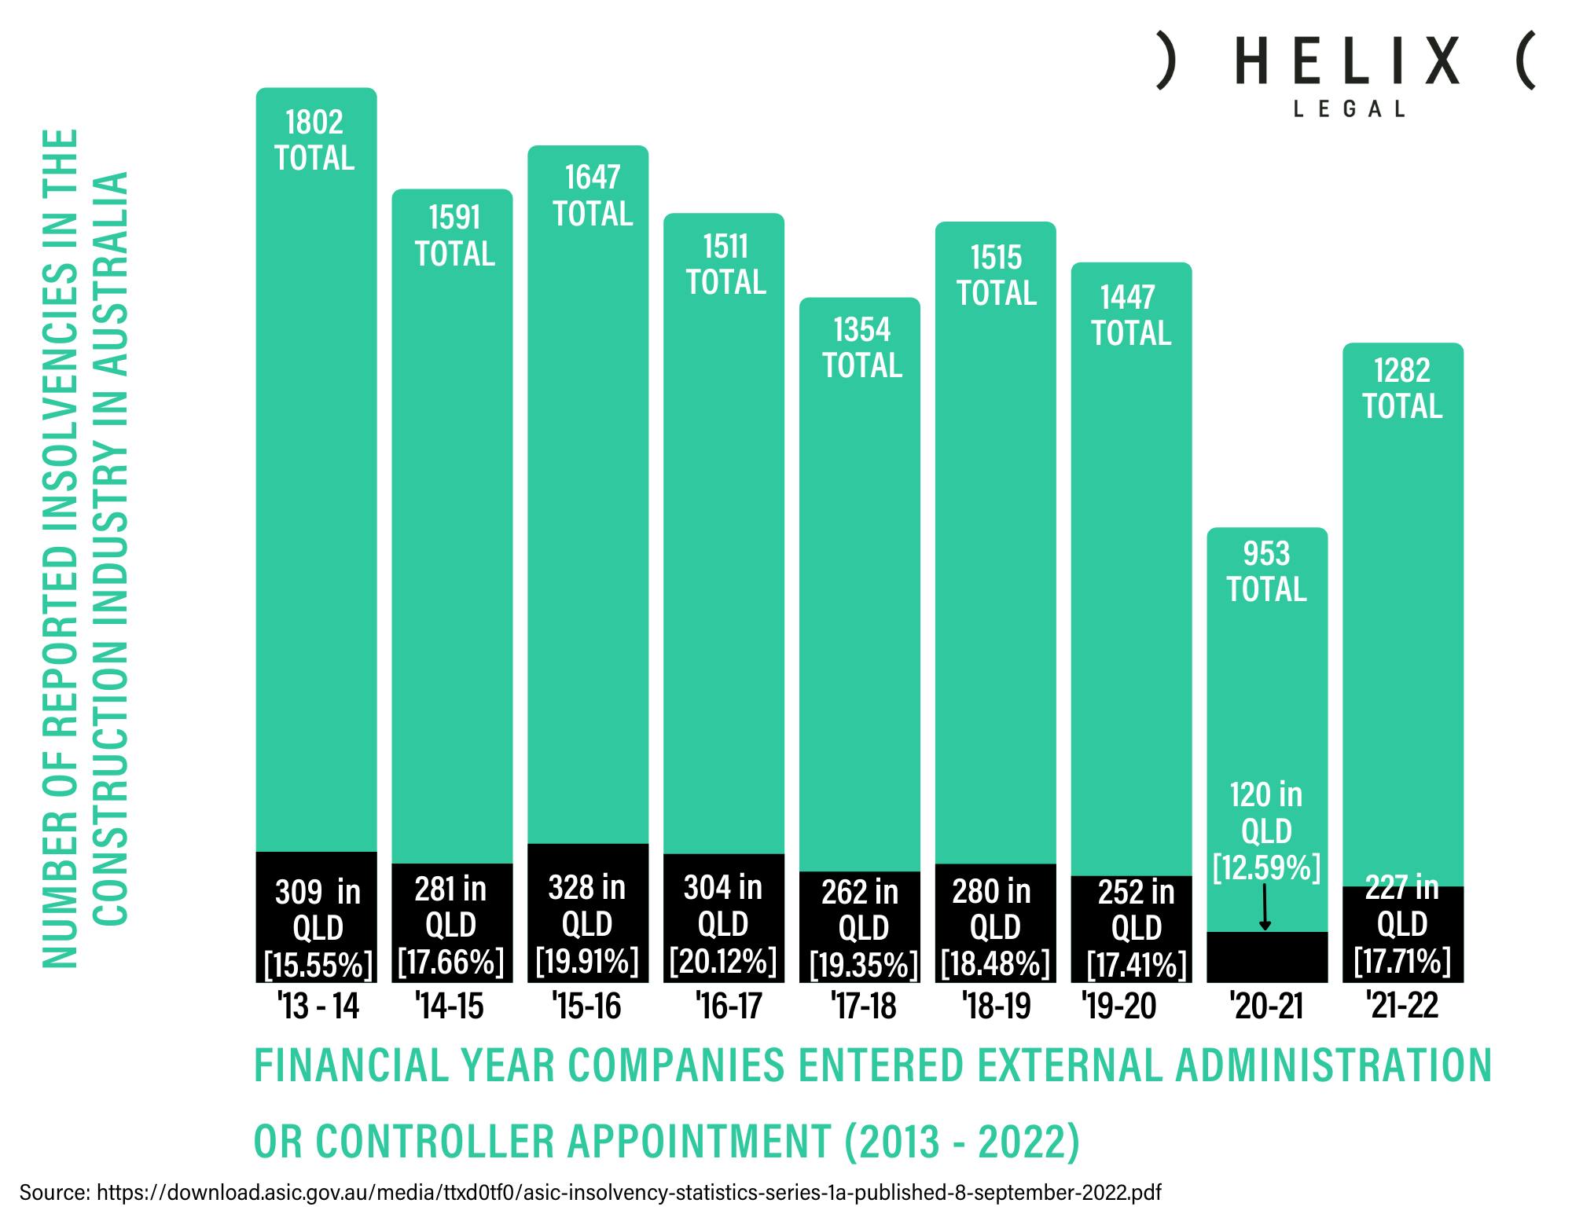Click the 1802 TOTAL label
tap(314, 141)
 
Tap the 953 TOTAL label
tap(1266, 572)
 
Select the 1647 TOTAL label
tap(593, 196)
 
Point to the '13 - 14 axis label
tap(318, 1006)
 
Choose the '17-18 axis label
tap(863, 1006)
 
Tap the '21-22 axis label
tap(1402, 1006)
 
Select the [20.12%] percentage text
tap(723, 961)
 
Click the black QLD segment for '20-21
tap(1267, 956)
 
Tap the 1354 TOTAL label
tap(862, 347)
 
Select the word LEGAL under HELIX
tap(1349, 109)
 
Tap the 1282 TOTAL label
tap(1402, 388)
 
